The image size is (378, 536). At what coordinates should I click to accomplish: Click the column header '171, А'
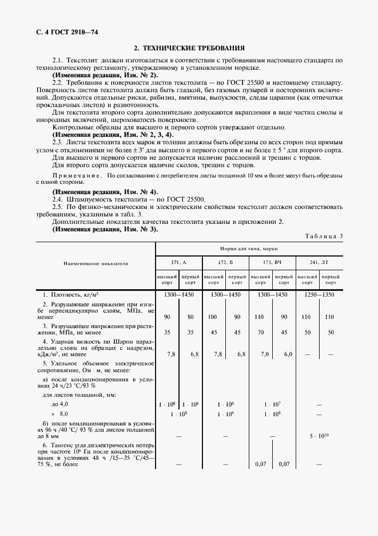179,262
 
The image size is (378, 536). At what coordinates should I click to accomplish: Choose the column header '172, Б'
225,262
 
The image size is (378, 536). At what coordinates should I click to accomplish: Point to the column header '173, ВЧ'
272,262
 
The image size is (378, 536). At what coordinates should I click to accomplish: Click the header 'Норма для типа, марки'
249,249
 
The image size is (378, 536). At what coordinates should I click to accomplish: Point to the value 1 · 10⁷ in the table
272,404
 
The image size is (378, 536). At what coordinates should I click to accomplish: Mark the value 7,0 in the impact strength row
265,354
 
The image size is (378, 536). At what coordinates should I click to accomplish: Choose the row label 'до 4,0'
59,404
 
